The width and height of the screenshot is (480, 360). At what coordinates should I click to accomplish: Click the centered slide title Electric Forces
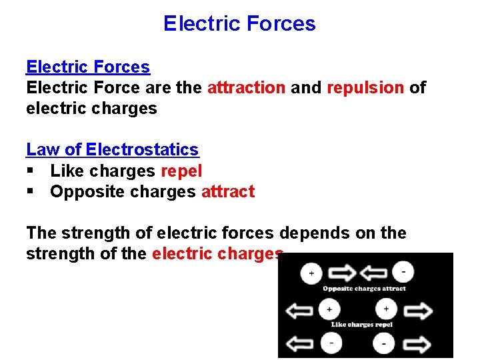click(239, 24)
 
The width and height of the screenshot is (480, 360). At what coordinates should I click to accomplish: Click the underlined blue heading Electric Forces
click(88, 67)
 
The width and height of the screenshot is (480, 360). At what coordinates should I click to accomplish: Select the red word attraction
click(246, 87)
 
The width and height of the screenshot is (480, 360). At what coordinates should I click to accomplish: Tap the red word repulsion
click(365, 87)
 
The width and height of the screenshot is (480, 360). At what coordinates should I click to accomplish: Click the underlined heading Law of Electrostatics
click(112, 150)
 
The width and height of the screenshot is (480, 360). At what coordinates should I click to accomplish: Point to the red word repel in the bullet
click(181, 171)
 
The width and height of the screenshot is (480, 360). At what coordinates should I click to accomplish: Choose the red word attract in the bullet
click(228, 191)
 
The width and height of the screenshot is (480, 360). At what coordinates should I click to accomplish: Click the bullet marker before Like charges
click(30, 171)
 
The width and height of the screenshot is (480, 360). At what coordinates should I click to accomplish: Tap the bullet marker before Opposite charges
click(30, 192)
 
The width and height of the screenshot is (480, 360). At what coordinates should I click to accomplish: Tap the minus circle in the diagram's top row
click(404, 272)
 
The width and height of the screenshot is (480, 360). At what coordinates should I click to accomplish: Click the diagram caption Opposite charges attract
click(364, 289)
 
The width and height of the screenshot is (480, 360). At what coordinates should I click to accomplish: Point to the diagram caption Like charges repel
click(362, 325)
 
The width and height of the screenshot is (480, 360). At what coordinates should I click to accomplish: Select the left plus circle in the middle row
click(328, 309)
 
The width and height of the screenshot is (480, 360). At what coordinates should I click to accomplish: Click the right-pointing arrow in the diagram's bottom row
click(418, 343)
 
